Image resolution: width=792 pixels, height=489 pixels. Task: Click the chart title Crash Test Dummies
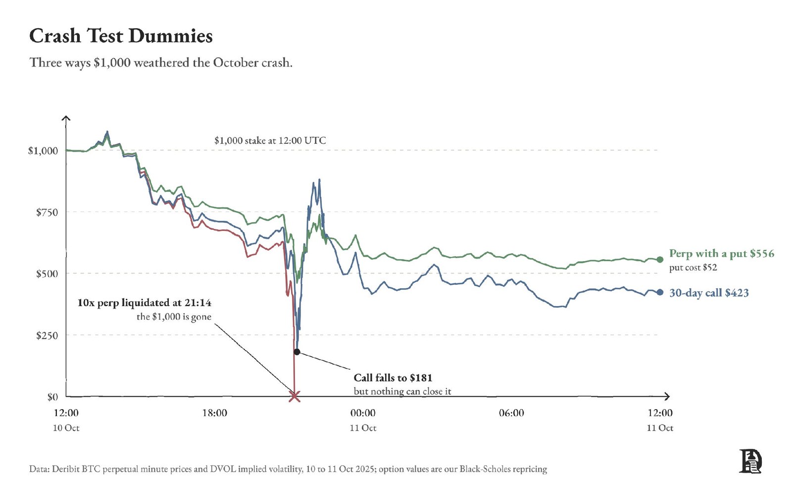121,36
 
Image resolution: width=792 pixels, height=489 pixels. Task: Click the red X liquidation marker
295,397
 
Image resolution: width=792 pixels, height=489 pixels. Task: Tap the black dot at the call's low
297,352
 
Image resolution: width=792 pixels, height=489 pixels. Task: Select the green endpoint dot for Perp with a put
660,260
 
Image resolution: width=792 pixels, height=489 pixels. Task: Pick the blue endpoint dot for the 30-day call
660,292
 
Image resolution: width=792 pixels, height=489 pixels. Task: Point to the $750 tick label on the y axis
47,213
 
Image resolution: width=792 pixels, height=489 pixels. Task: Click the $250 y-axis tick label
47,335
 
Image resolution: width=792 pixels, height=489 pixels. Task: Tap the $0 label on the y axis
52,397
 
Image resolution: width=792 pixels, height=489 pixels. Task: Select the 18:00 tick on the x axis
215,413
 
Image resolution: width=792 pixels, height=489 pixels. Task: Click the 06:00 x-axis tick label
512,413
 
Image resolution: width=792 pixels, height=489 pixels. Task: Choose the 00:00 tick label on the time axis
363,413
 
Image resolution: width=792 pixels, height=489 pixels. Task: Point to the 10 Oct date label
66,428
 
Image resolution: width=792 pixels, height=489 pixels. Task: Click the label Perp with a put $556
722,253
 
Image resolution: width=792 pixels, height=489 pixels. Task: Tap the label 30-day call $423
709,293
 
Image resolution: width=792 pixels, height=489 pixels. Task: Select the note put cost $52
693,268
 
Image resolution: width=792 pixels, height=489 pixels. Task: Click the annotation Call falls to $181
393,378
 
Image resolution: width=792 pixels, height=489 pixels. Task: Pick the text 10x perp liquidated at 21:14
144,303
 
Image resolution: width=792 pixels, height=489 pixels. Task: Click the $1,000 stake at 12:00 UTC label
270,141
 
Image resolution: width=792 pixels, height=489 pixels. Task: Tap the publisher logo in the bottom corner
750,461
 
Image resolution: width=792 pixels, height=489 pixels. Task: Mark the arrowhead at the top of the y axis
66,118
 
